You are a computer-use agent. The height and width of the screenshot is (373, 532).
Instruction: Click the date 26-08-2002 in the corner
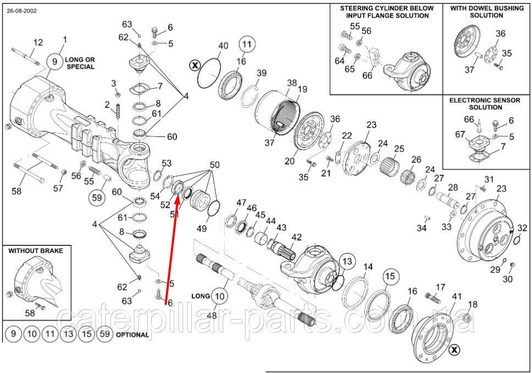(22, 10)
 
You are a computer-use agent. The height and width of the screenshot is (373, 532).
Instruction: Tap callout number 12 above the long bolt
(38, 42)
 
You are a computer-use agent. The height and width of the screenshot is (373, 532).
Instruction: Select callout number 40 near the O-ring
(223, 46)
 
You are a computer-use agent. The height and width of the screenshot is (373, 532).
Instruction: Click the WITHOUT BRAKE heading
(36, 250)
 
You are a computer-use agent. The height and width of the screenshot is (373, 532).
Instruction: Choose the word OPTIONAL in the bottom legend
(132, 334)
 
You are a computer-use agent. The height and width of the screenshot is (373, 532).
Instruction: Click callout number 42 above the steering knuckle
(297, 238)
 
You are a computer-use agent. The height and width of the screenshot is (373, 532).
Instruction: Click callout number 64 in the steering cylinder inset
(340, 61)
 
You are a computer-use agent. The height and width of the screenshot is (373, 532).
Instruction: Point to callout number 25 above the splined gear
(399, 149)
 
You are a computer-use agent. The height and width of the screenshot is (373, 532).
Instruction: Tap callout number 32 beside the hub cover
(523, 228)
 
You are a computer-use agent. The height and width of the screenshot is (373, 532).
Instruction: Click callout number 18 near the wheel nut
(473, 304)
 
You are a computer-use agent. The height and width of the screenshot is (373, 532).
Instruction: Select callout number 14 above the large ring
(368, 267)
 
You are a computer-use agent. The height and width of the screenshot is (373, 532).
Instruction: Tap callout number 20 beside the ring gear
(290, 161)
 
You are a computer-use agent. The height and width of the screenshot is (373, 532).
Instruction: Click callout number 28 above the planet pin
(452, 188)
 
